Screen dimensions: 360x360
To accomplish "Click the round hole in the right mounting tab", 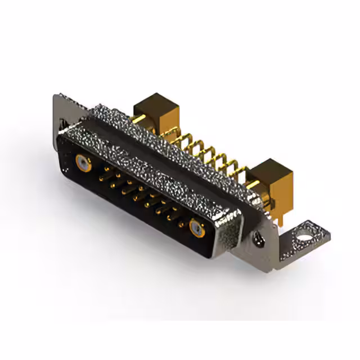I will [304, 229].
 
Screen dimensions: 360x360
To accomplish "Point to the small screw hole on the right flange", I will [260, 240].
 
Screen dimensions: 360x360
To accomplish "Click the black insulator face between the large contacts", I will [135, 197].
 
